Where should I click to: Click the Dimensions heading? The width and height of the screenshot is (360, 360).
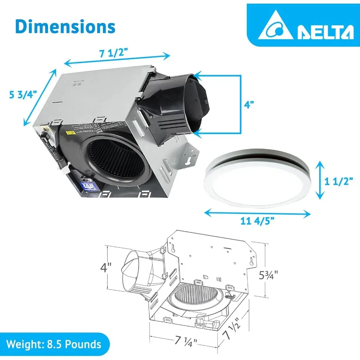65,26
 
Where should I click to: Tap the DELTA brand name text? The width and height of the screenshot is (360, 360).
325,32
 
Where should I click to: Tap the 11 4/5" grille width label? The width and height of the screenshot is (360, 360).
258,222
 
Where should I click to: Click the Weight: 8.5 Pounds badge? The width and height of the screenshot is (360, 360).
54,344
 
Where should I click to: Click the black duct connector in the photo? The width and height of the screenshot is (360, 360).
176,105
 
